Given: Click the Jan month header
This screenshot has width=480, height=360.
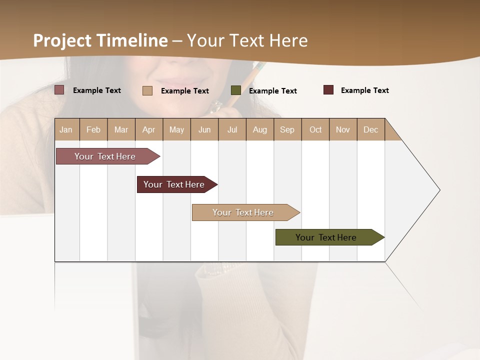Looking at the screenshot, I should click(x=66, y=129).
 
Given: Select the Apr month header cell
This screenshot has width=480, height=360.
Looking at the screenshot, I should click(x=148, y=129).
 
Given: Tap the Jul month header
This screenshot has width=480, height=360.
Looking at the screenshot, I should click(x=232, y=129).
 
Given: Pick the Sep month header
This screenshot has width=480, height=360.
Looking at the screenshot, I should click(x=287, y=129).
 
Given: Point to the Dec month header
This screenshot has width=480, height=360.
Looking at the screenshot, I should click(x=370, y=129).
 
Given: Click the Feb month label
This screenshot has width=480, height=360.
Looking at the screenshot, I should click(x=93, y=129).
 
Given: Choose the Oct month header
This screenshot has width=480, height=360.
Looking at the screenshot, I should click(x=315, y=129).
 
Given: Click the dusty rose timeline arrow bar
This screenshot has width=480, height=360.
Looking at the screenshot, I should click(x=105, y=156).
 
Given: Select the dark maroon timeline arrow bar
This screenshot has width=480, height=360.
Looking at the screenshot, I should click(x=174, y=184).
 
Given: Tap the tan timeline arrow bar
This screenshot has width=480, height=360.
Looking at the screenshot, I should click(x=243, y=212).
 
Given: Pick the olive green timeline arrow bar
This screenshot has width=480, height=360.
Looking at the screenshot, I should click(x=326, y=237).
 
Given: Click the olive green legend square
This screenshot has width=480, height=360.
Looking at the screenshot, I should click(x=236, y=90).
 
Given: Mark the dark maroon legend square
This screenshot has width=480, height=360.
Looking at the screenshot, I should click(x=328, y=90).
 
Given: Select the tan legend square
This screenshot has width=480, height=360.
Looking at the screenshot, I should click(x=147, y=90).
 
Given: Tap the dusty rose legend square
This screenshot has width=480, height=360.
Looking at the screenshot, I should click(x=59, y=90).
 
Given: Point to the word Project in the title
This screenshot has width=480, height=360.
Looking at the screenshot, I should click(x=62, y=40).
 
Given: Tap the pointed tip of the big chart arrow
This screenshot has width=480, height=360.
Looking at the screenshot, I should click(x=439, y=190).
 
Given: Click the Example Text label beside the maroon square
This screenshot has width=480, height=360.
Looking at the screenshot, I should click(x=364, y=90).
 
